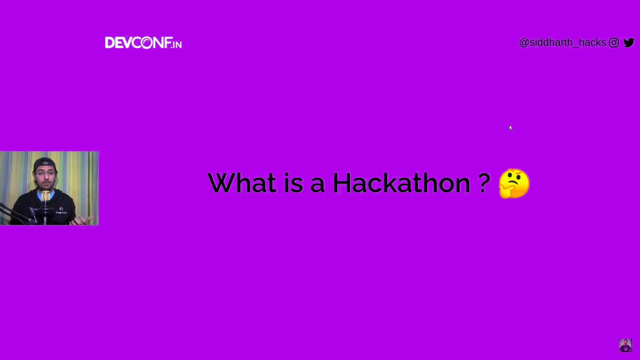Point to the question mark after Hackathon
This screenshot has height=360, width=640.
[x=484, y=183]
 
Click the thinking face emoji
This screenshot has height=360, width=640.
[x=514, y=183]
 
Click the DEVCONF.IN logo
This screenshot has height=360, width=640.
[x=143, y=43]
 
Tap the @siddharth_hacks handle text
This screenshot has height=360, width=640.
[x=562, y=43]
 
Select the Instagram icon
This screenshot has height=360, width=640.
[x=614, y=43]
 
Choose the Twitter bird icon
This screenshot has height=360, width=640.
[x=629, y=43]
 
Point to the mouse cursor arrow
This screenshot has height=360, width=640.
[x=510, y=127]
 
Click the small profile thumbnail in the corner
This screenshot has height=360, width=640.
[x=625, y=345]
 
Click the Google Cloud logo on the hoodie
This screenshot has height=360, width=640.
[x=61, y=210]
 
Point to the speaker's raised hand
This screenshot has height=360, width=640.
[x=85, y=219]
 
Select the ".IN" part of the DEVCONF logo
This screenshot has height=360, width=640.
[x=176, y=44]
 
